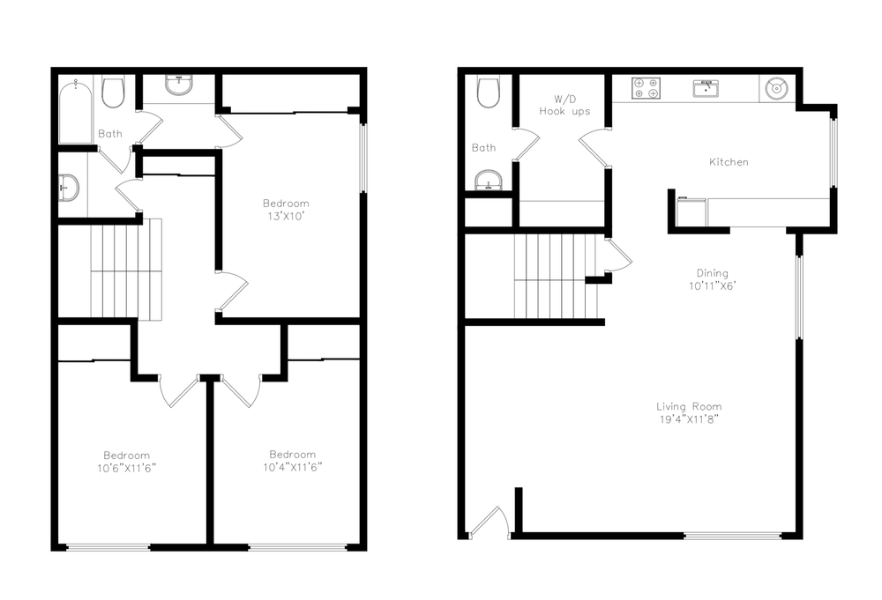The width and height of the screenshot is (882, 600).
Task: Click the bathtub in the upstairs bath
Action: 75,111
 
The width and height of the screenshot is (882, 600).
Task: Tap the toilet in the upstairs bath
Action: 113,93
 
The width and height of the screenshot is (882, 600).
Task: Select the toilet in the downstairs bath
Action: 489,93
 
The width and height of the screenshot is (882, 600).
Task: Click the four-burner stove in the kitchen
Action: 646,88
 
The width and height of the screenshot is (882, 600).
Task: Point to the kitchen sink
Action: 706,89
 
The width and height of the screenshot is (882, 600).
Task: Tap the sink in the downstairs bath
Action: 489,181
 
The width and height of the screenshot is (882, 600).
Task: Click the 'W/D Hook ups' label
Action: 564,105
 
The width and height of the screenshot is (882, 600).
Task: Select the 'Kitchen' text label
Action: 729,162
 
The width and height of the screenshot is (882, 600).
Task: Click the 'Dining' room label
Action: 712,273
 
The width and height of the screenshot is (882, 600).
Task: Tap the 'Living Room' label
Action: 689,406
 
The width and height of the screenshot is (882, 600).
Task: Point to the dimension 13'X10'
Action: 286,216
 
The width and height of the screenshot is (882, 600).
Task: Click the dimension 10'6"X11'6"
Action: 126,468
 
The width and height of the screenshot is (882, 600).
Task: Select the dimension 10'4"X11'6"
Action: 293,467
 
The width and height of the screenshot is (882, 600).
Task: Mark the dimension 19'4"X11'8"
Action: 689,419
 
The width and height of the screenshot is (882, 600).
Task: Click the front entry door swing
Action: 490,522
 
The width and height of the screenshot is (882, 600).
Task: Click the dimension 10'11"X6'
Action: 713,286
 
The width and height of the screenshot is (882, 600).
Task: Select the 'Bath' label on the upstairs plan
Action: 110,134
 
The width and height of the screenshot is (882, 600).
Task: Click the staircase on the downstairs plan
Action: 557,277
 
